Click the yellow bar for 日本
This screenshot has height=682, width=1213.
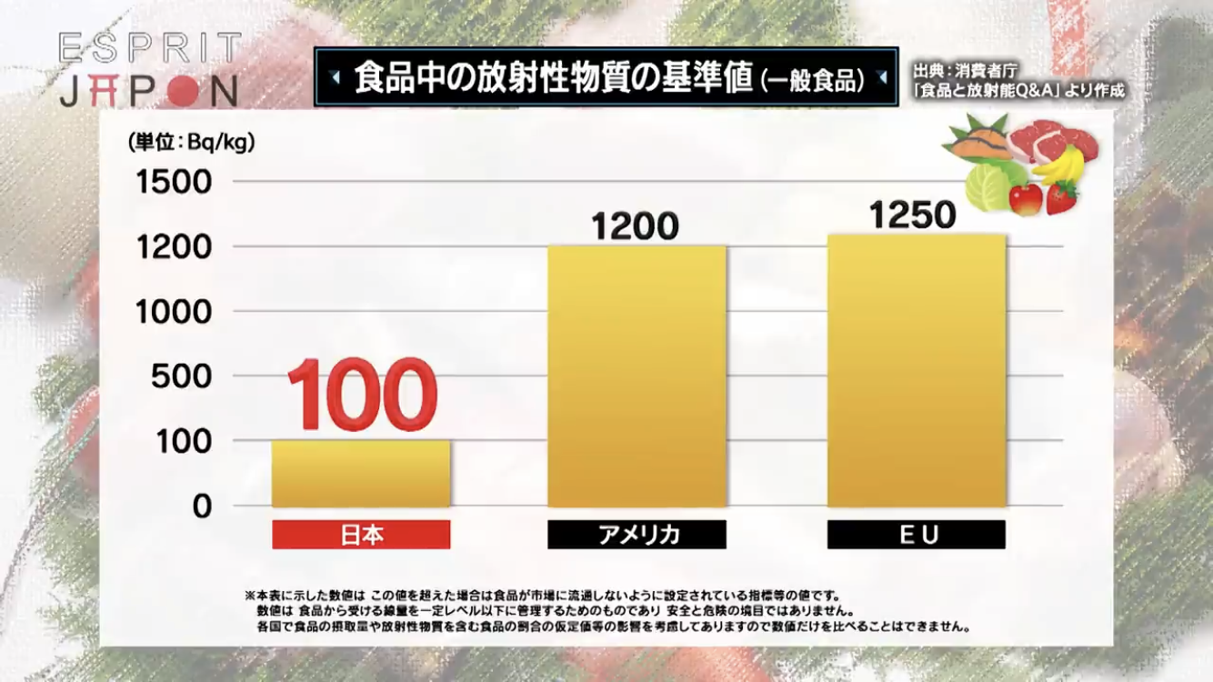361,474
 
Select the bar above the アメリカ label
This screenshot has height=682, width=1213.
637,376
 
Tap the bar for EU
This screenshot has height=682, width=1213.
916,370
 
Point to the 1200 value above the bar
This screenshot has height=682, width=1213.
636,226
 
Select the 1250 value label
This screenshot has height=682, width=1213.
912,216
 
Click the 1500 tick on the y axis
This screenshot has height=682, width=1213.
174,182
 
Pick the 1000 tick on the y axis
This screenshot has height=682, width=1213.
174,312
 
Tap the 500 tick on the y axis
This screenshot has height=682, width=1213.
181,376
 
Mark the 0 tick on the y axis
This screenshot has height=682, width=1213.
201,506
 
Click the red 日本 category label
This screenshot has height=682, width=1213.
361,535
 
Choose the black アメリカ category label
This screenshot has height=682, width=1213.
637,535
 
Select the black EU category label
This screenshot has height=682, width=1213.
916,535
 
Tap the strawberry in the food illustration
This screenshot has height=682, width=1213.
1062,197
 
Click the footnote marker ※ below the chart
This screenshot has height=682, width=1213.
250,595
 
